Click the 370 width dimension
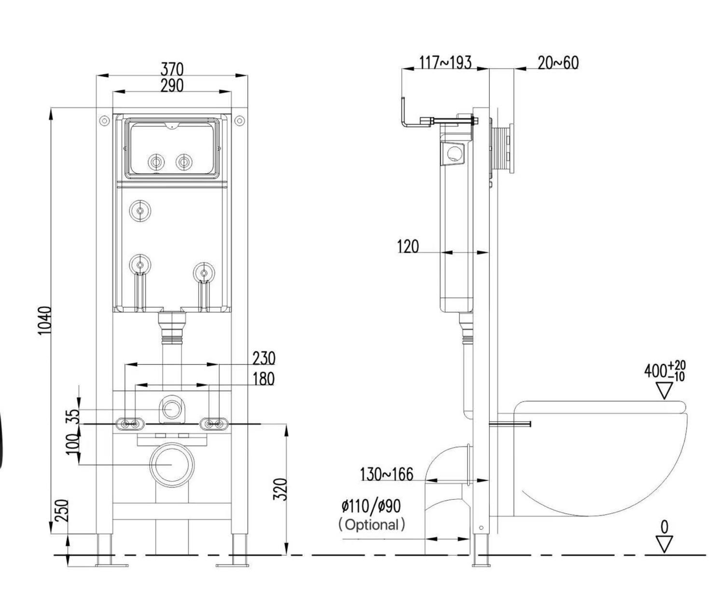tap(172, 69)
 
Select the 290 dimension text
tap(172, 86)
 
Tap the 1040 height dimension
tap(44, 320)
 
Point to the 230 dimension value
tap(264, 359)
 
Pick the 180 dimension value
tap(264, 379)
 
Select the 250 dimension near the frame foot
tap(61, 511)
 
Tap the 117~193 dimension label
tap(445, 62)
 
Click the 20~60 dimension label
tap(557, 63)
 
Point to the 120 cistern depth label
tap(408, 246)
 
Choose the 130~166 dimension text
tap(386, 475)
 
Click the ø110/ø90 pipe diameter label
tap(371, 506)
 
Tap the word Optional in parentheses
tap(372, 524)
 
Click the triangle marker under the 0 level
tap(665, 544)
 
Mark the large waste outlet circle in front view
tap(172, 465)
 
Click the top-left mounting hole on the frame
tap(104, 121)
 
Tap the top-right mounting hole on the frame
tap(239, 121)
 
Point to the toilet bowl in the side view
tap(599, 459)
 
